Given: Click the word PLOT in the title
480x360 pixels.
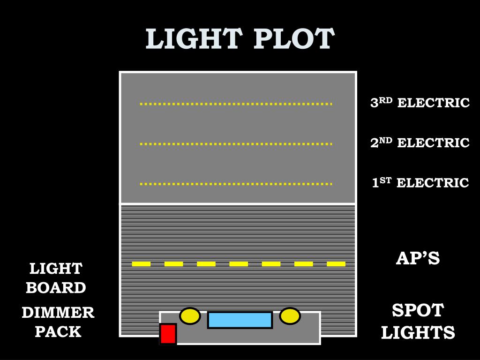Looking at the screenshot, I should [x=294, y=39].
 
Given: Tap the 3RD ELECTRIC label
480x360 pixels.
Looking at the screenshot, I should [x=420, y=103].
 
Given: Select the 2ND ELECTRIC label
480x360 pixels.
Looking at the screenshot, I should [x=420, y=142].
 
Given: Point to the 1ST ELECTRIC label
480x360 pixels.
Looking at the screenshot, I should [x=420, y=182].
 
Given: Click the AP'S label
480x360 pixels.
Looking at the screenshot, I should [x=418, y=258].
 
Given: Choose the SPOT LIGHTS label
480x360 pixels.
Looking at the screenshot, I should [x=418, y=322].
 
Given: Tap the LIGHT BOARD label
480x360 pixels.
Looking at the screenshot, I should [x=56, y=278].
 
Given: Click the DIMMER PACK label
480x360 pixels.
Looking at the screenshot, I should [x=58, y=322].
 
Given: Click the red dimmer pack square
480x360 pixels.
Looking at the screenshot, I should [x=168, y=334].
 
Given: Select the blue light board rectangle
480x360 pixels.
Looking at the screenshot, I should [x=240, y=320].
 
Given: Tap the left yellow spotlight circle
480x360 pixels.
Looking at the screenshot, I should [x=190, y=316].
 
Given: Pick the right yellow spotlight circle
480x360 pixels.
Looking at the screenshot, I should [x=290, y=316].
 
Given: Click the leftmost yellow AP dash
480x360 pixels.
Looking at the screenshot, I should [x=141, y=264].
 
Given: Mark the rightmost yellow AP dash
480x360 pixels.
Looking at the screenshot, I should [x=336, y=264].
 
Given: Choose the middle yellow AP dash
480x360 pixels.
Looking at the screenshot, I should [x=239, y=264].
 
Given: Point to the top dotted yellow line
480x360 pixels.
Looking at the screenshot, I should [x=236, y=104].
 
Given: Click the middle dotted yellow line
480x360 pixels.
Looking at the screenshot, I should [x=236, y=144].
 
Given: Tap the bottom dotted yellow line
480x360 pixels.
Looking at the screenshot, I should [x=236, y=184].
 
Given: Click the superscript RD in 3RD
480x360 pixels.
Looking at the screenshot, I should [x=386, y=99].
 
